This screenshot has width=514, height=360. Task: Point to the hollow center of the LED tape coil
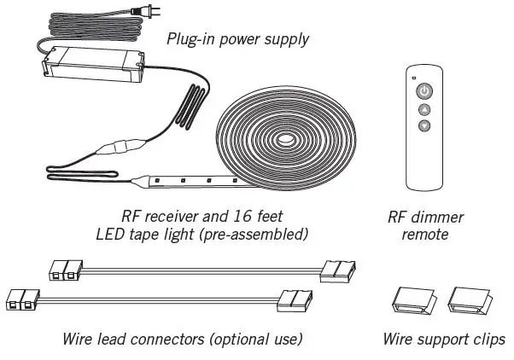pyautogui.click(x=283, y=136)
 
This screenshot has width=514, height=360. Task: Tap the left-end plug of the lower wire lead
pyautogui.click(x=23, y=300)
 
